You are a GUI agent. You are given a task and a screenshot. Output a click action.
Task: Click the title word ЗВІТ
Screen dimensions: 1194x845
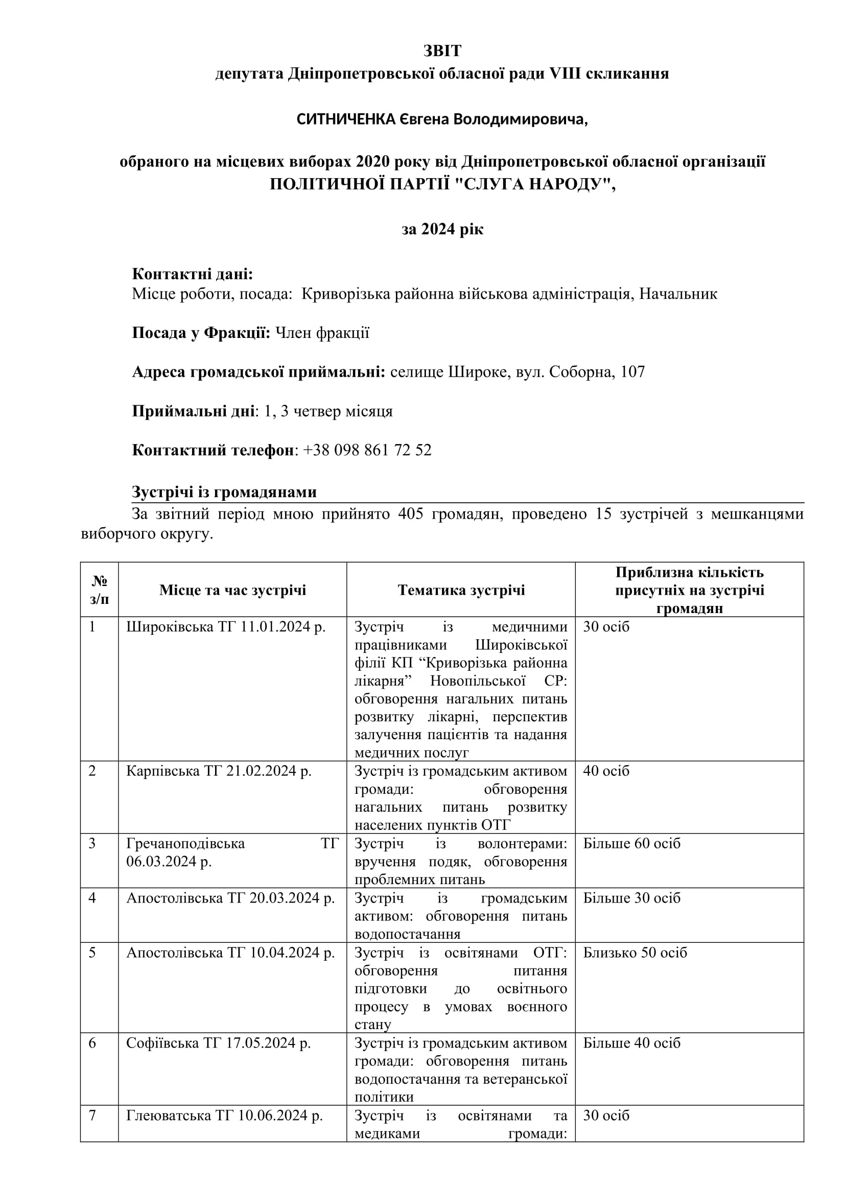coord(442,51)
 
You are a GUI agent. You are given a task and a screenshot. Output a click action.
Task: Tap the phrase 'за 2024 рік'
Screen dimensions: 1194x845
coord(442,229)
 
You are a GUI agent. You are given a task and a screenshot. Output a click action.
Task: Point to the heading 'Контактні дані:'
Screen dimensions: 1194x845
coord(192,274)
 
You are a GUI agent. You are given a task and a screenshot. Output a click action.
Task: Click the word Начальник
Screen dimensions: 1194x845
coord(678,294)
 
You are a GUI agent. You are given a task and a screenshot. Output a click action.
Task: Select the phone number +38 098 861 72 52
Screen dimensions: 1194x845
coord(367,450)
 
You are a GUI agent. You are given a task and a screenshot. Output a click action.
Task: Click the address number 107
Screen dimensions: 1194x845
coord(632,372)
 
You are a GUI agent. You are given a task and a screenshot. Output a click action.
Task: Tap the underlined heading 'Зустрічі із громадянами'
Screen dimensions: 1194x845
coord(224,492)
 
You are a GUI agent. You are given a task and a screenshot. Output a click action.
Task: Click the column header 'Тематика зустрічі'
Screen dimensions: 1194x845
coord(461,590)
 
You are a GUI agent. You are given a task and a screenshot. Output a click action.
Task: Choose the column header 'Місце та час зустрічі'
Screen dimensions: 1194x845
coord(232,590)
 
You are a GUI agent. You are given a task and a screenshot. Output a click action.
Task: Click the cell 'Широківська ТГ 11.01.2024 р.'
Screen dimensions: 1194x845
coord(226,627)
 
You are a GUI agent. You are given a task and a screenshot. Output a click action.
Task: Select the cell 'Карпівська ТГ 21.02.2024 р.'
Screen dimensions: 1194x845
coord(219,771)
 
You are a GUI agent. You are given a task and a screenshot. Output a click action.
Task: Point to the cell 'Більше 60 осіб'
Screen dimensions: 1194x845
coord(631,843)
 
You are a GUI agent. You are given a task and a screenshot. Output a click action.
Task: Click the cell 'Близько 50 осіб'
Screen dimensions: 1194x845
coord(635,952)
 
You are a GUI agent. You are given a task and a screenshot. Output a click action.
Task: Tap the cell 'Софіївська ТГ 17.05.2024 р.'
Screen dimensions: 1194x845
coord(218,1043)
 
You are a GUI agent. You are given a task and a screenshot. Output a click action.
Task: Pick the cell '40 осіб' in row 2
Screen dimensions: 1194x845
coord(606,771)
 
